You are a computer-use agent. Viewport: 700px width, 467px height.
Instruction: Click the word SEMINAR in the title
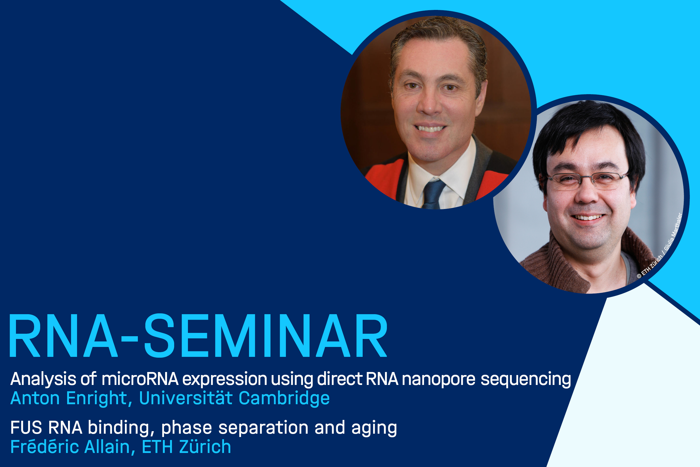(266, 336)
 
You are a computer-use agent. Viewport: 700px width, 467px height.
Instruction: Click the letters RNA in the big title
(63, 336)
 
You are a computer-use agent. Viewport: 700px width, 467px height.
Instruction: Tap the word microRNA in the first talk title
(140, 379)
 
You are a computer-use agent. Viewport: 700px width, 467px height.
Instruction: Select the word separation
(263, 428)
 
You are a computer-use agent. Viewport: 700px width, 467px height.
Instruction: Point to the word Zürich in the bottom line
(205, 446)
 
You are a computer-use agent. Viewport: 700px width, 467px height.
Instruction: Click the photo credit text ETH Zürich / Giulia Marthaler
(660, 245)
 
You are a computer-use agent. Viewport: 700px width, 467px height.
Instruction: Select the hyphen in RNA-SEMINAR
(130, 339)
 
